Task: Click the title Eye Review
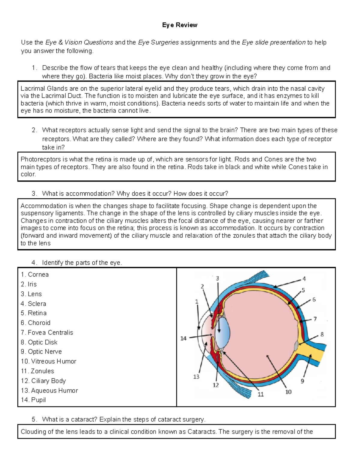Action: (179, 25)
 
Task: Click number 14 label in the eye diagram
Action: (183, 338)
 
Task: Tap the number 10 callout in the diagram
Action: (288, 392)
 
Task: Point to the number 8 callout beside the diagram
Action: (322, 334)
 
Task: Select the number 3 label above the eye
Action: (217, 278)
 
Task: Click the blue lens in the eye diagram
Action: (223, 332)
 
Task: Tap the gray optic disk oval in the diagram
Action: (296, 346)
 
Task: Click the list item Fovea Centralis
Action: (47, 332)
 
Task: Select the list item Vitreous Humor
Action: (49, 361)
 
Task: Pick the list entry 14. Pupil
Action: (33, 400)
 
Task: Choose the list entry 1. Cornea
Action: (35, 274)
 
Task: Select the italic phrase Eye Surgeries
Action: (158, 42)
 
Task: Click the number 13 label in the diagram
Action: (196, 377)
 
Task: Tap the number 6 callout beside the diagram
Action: (314, 299)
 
